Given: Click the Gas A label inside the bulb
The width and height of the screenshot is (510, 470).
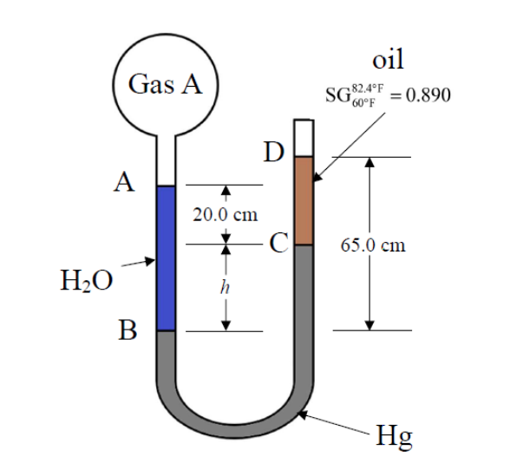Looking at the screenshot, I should (165, 85).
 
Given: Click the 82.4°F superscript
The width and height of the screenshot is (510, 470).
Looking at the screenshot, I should (370, 88).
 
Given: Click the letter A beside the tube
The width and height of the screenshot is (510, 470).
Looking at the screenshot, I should (127, 184).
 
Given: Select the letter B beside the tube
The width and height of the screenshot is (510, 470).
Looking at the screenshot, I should (127, 330).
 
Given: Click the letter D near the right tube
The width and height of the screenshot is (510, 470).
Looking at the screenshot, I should (275, 154).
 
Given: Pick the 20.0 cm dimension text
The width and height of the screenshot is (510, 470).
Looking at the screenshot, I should (226, 215).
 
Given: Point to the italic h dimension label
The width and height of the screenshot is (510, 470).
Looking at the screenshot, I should (226, 289).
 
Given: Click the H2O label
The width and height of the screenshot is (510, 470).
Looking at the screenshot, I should (85, 281).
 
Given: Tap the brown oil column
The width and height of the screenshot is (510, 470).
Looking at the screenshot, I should (304, 201).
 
